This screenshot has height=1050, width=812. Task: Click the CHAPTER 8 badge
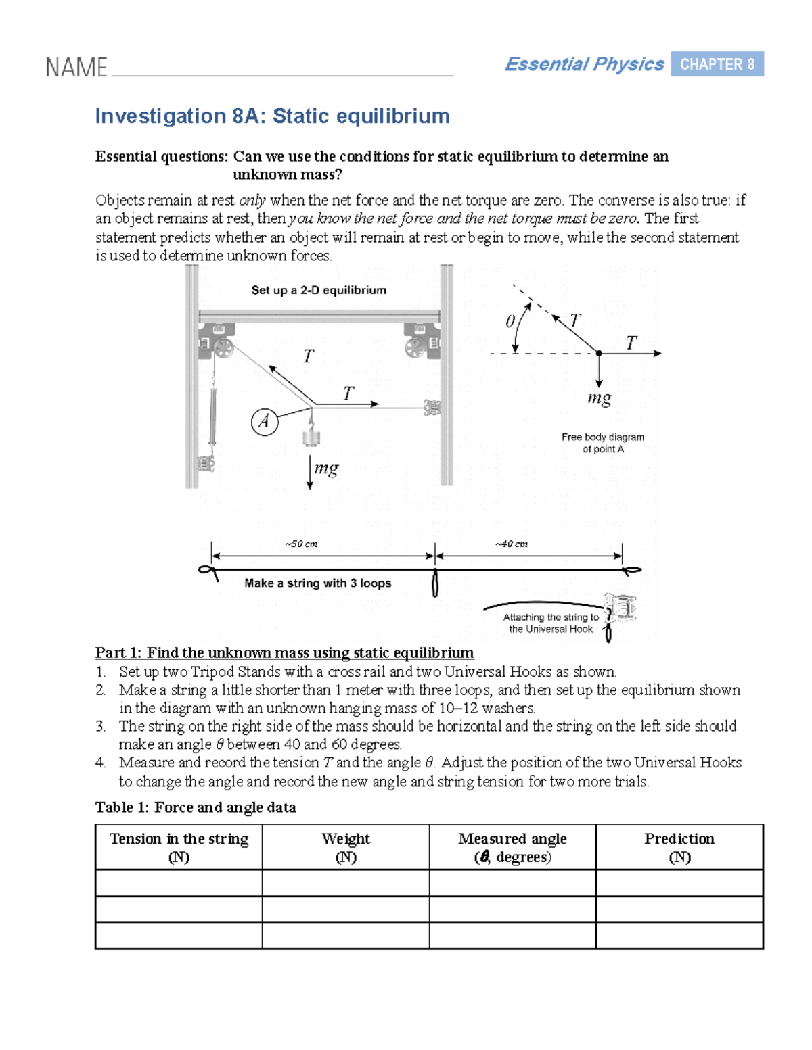[717, 64]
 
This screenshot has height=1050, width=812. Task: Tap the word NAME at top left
[76, 68]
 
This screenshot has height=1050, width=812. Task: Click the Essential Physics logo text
[584, 64]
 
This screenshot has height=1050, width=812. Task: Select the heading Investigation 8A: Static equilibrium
[272, 116]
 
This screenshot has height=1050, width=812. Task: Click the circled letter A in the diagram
[265, 422]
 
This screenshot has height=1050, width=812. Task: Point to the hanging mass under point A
[311, 435]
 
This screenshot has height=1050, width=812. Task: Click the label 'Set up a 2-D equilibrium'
[319, 290]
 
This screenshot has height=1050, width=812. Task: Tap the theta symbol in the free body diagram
[511, 321]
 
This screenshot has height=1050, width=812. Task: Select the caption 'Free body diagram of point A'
[603, 443]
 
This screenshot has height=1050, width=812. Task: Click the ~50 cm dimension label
[301, 544]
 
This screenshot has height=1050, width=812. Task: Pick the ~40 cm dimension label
[512, 544]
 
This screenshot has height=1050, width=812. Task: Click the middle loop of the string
[435, 583]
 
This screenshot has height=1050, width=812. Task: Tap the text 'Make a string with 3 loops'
[318, 583]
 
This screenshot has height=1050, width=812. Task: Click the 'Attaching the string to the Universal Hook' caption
[551, 623]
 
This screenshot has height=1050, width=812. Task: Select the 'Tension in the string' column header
[179, 847]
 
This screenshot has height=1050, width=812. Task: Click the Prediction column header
[679, 847]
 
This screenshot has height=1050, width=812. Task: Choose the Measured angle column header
[512, 847]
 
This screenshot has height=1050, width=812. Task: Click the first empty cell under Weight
[346, 883]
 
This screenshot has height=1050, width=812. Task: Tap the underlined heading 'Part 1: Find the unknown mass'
[284, 652]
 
